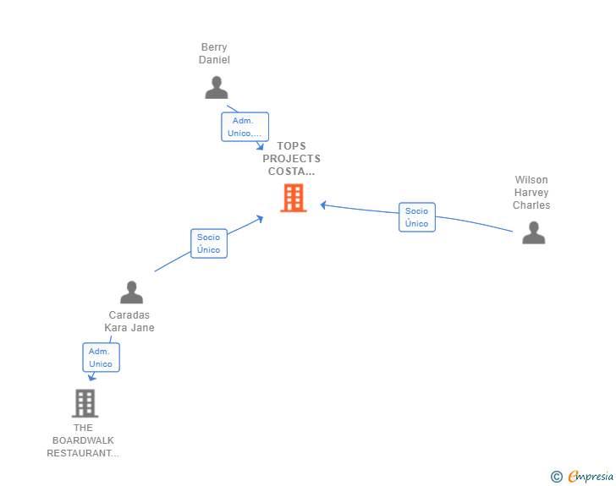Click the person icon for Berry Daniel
(216, 88)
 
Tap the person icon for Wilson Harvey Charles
(533, 232)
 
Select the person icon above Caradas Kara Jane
(132, 292)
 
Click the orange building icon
(294, 199)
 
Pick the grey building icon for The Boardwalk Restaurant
(85, 403)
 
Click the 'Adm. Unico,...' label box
(245, 127)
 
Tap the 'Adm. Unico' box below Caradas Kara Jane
(101, 358)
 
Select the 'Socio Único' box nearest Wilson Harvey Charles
(417, 217)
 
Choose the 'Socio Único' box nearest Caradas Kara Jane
(209, 243)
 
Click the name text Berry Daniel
(214, 53)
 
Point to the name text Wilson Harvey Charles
(531, 193)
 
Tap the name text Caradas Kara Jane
(129, 321)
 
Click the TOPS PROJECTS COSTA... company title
(291, 159)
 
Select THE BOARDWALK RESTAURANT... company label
(83, 440)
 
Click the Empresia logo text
(591, 476)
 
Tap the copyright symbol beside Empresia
(556, 477)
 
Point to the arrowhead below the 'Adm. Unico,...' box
(260, 146)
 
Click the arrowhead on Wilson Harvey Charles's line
(323, 205)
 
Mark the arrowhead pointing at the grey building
(91, 378)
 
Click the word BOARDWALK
(83, 440)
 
